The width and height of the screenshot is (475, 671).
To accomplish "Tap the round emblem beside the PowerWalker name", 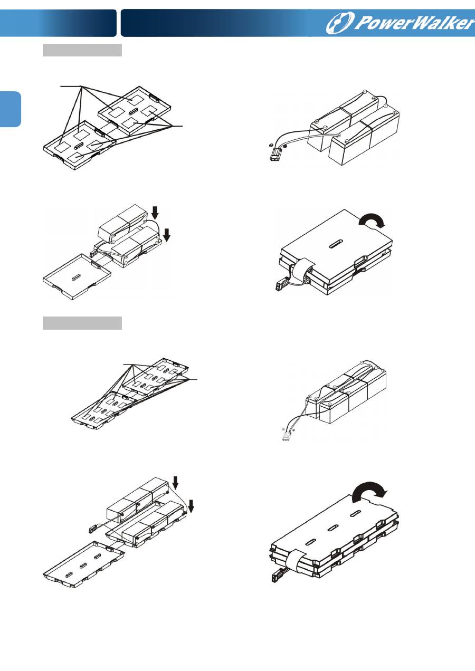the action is coord(340,23).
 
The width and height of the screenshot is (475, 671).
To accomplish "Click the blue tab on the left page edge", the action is coord(11,109).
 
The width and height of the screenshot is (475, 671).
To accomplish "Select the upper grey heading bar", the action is coord(82,50).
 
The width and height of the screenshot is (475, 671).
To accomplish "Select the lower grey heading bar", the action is coord(82,323).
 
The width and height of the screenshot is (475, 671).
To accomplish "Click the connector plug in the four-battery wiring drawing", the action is coord(275,156).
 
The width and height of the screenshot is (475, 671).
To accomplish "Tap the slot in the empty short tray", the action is coord(77,276).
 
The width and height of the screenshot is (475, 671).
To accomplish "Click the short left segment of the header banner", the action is coord(58,23).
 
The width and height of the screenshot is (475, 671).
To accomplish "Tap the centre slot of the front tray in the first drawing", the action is coord(79,146).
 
